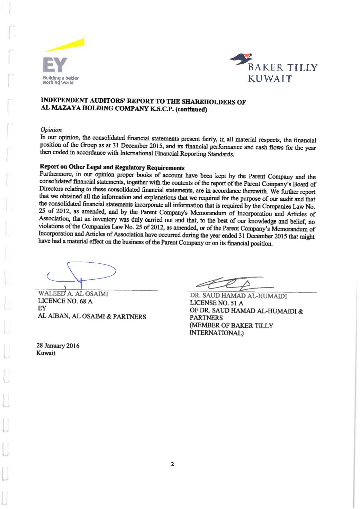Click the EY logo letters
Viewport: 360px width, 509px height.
(55, 65)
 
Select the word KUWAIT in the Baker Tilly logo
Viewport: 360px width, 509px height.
(270, 79)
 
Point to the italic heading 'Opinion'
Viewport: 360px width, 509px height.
(51, 130)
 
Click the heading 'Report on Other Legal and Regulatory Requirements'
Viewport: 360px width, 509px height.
(112, 167)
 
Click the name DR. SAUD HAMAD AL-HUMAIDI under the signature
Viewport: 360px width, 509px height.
(238, 296)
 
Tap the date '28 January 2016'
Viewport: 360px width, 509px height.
(58, 346)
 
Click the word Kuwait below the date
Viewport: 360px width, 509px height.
(46, 353)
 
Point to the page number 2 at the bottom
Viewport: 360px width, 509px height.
(172, 464)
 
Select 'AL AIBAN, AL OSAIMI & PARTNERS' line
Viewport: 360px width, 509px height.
(92, 317)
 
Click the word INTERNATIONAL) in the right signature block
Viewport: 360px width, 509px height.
(216, 333)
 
